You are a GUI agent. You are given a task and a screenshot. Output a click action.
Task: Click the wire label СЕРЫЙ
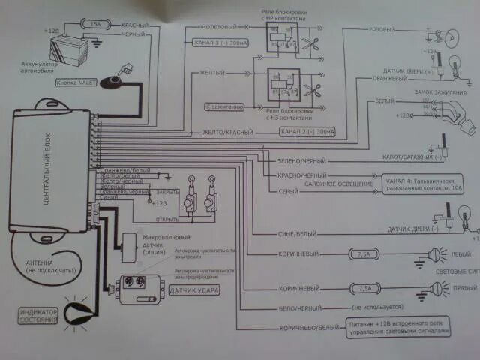coord(278,190)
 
